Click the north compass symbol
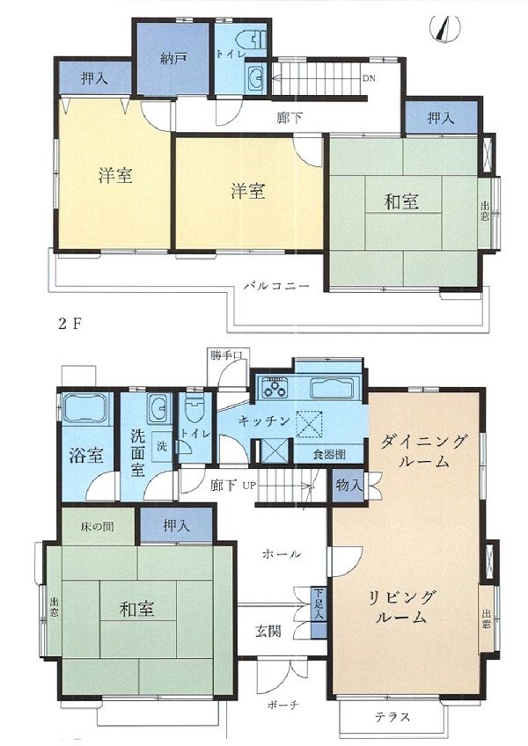(x=445, y=28)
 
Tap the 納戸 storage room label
(x=172, y=59)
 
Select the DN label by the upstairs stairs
(x=369, y=78)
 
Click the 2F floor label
(x=70, y=324)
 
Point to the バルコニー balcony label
(x=276, y=287)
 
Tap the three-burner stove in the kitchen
(x=275, y=388)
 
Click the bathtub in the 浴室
(x=85, y=408)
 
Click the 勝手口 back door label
(x=226, y=355)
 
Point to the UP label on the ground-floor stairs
(x=249, y=486)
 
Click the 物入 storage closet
(x=348, y=486)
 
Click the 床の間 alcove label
(x=97, y=527)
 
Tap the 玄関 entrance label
(x=268, y=632)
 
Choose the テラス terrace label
(x=392, y=716)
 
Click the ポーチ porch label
(x=282, y=705)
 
